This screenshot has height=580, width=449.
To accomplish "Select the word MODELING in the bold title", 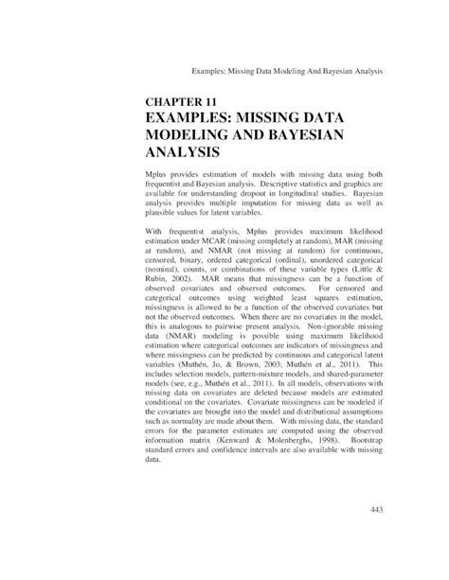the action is tap(188, 133).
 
